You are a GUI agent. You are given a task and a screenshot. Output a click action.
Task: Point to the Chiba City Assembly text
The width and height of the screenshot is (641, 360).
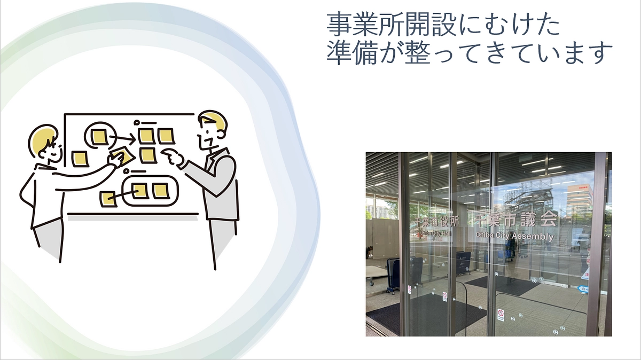pyautogui.click(x=514, y=236)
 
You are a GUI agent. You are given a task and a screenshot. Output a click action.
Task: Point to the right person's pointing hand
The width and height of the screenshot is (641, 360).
pyautogui.click(x=172, y=158)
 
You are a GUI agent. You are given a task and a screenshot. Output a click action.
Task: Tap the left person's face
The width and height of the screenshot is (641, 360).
pyautogui.click(x=51, y=150)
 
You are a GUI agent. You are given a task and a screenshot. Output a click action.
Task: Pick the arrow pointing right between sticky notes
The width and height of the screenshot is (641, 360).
pyautogui.click(x=123, y=139)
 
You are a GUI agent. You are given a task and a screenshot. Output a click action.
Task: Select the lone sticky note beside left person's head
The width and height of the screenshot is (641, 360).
pyautogui.click(x=80, y=158)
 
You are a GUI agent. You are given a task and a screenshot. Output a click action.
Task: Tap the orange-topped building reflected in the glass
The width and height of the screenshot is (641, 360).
pyautogui.click(x=579, y=195)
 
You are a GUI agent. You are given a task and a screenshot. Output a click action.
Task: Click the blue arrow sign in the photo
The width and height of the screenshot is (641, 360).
pyautogui.click(x=583, y=289)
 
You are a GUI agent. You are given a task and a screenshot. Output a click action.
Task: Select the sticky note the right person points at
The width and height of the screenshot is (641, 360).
pyautogui.click(x=148, y=155)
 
